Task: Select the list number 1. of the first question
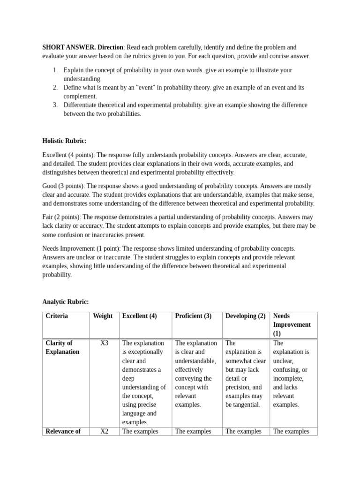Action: pyautogui.click(x=55, y=70)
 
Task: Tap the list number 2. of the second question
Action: pyautogui.click(x=55, y=88)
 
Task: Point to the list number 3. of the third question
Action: pyautogui.click(x=55, y=105)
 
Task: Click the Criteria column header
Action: pyautogui.click(x=57, y=316)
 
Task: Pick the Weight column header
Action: pyautogui.click(x=103, y=316)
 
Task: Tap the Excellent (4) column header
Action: pyautogui.click(x=139, y=316)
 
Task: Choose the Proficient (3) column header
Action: pyautogui.click(x=193, y=316)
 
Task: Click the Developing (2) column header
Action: pyautogui.click(x=245, y=316)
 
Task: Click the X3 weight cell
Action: pyautogui.click(x=104, y=343)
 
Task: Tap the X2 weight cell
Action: pyautogui.click(x=104, y=431)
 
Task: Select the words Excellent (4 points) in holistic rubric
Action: pyautogui.click(x=68, y=155)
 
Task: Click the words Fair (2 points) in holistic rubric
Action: pyautogui.click(x=61, y=217)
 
